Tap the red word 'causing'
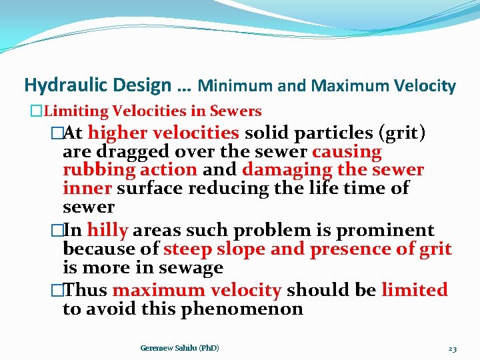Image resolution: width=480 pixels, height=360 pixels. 346,151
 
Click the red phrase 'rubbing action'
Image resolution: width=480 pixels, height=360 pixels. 130,170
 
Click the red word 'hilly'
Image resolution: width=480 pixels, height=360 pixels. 107,231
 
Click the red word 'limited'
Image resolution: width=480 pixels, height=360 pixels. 414,291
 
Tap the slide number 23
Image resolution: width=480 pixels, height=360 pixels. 452,348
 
